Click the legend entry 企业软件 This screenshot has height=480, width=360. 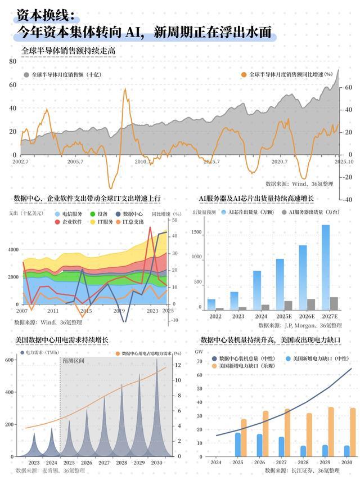[x=72, y=222]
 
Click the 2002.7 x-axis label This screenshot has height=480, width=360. [x=21, y=162]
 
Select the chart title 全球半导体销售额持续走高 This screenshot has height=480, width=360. [x=68, y=51]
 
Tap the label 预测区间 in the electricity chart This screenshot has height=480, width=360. [x=73, y=360]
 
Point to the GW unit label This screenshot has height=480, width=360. [x=198, y=351]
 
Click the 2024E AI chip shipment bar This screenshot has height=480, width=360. [x=256, y=290]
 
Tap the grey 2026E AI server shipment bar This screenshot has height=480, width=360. [x=311, y=304]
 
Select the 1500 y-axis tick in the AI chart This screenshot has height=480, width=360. [x=196, y=232]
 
